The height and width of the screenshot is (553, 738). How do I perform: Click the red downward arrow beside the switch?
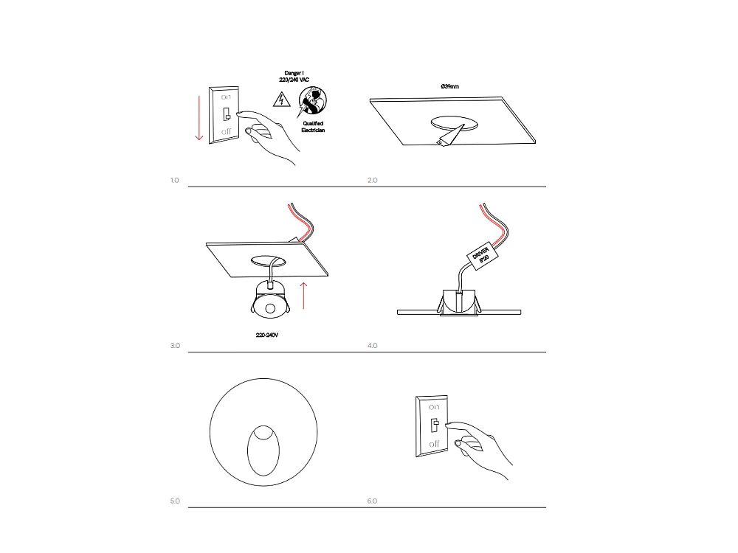(x=199, y=118)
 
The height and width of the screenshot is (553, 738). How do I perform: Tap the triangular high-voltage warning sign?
(x=281, y=100)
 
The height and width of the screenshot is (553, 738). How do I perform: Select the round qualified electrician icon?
(x=311, y=101)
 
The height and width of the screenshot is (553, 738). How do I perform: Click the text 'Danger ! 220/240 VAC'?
(x=294, y=77)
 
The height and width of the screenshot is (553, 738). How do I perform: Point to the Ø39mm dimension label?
(x=450, y=86)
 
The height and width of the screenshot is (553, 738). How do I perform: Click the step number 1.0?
(x=175, y=180)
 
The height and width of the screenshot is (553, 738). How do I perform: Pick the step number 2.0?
(x=372, y=180)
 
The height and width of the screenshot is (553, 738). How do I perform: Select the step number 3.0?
(x=175, y=346)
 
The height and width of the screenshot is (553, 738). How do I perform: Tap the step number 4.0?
(x=372, y=346)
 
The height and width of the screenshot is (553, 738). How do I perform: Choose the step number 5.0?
(x=175, y=501)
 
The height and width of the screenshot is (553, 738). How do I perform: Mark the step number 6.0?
(x=372, y=501)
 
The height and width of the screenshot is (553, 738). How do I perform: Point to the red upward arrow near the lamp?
(x=303, y=296)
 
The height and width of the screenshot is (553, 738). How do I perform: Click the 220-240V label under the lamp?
(x=267, y=335)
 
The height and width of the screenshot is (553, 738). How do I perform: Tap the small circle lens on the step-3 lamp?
(x=270, y=309)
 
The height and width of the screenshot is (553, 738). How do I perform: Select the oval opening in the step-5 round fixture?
(x=263, y=451)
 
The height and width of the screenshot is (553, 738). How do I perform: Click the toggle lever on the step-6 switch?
(x=435, y=425)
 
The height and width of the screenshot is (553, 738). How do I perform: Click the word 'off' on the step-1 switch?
(x=227, y=132)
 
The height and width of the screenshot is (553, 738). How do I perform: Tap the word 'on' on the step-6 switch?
(x=434, y=407)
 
